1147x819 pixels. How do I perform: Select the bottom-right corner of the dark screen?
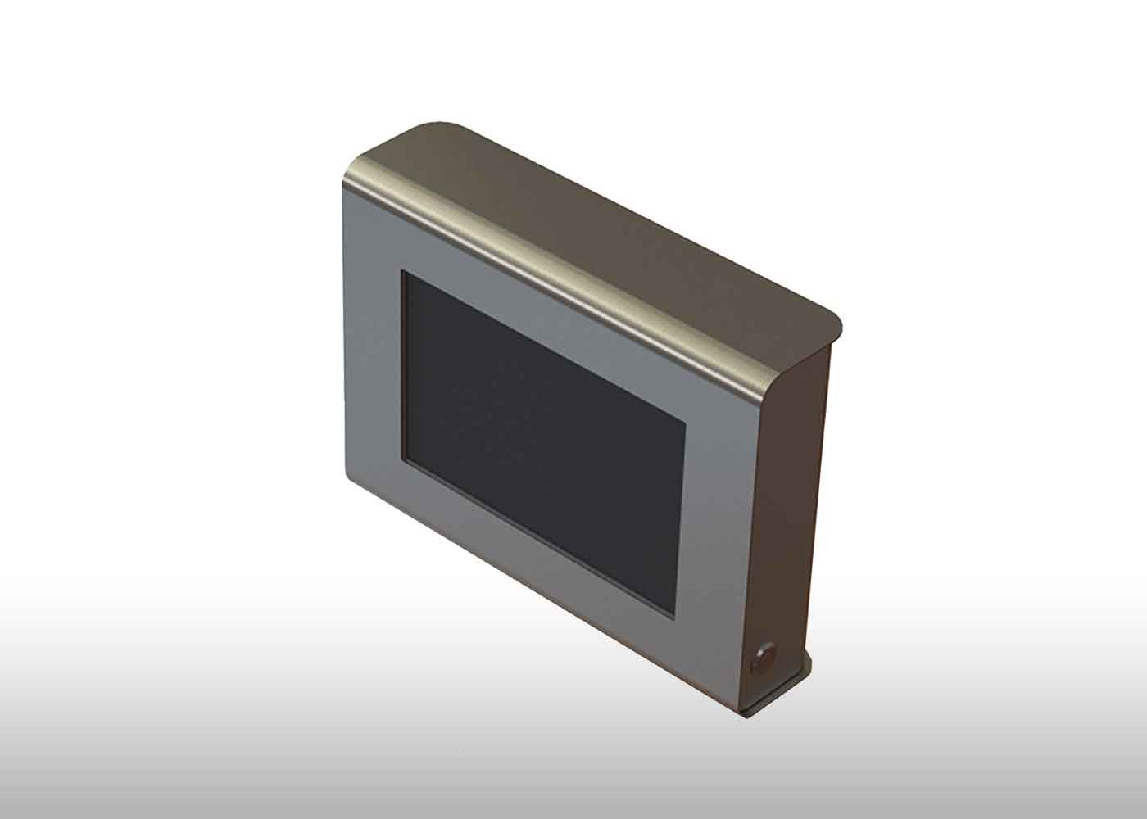tap(674, 617)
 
